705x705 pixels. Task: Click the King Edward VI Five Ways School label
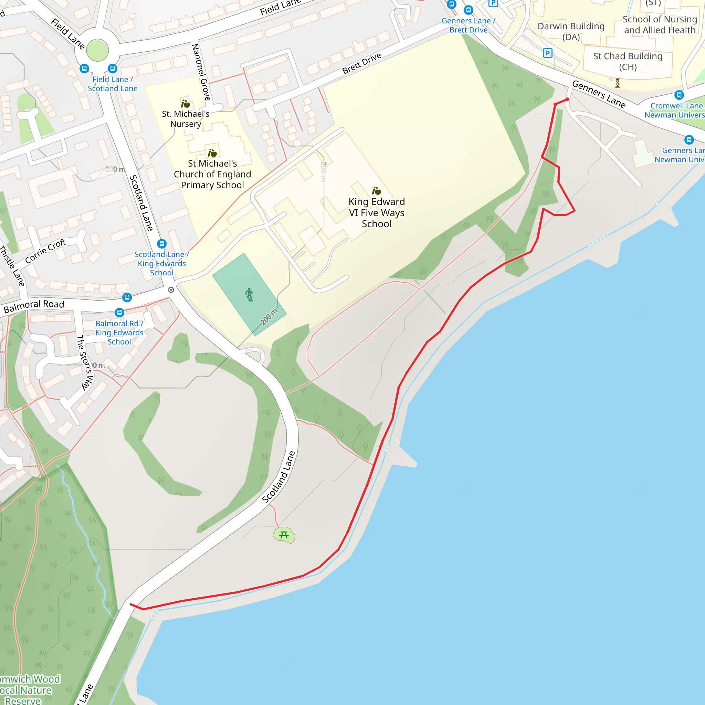point(376,212)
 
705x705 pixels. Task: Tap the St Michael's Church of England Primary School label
point(212,174)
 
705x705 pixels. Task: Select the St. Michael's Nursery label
point(186,119)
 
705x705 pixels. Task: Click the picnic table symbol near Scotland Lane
point(284,535)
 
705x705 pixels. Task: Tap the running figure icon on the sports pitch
point(249,294)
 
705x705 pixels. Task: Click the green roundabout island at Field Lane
point(97,50)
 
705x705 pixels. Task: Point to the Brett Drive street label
point(362,63)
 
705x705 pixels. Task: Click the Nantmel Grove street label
point(201,72)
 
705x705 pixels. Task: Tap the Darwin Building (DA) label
point(571,31)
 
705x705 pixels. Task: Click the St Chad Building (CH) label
point(627,61)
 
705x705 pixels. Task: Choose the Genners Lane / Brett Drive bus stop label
point(468,25)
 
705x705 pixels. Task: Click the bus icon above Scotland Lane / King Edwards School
point(162,243)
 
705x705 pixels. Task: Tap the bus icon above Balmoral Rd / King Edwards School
point(119,312)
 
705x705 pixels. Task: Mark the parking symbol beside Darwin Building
point(547,53)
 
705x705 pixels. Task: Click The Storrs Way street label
point(85,363)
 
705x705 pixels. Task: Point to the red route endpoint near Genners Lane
point(567,99)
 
